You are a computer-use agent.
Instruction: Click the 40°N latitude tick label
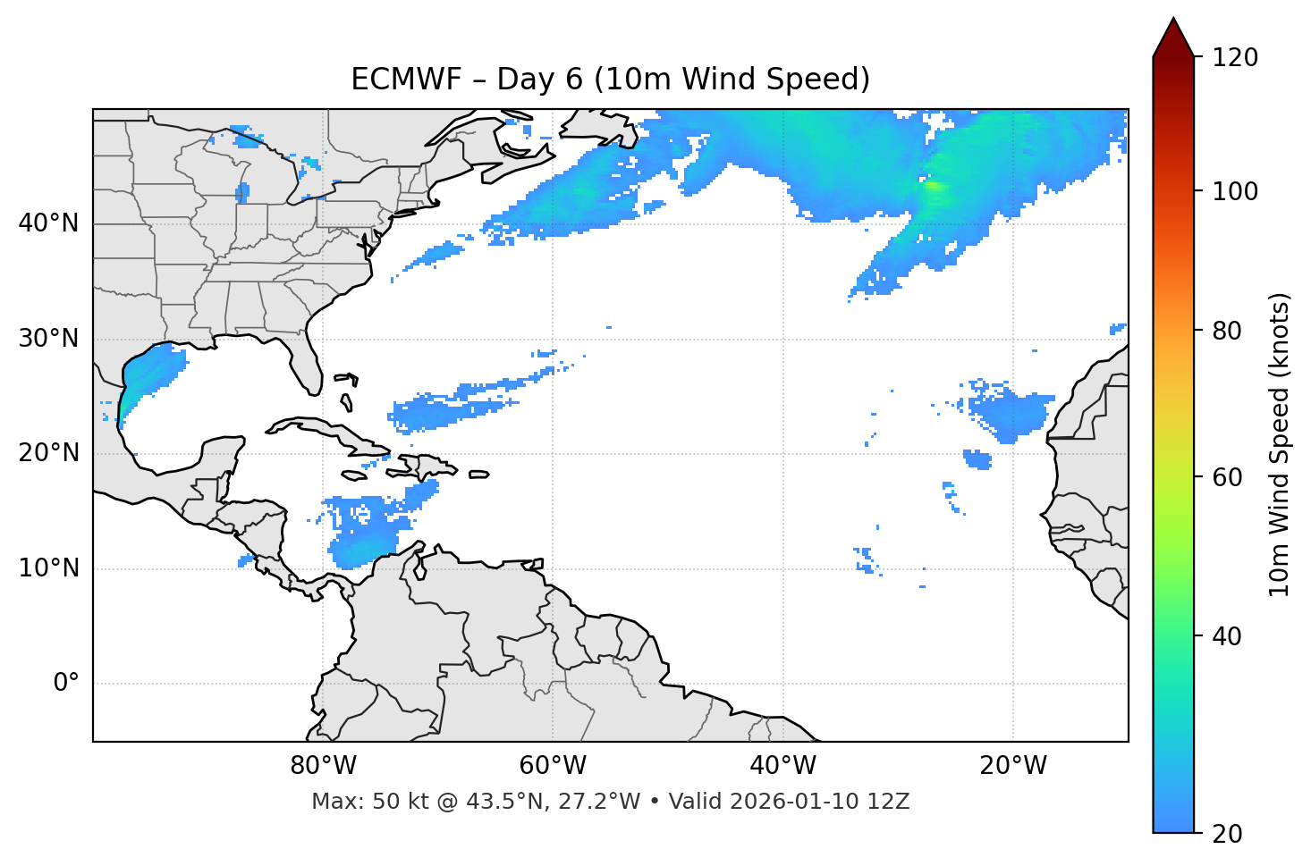tap(48, 223)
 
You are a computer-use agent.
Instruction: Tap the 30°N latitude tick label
tap(48, 339)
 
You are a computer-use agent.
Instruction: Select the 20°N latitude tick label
tap(48, 453)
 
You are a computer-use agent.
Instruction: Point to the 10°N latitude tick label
tap(48, 568)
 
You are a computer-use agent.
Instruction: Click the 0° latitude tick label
tap(66, 684)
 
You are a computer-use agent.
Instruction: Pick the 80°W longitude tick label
tap(323, 766)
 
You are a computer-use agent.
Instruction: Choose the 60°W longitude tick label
tap(553, 766)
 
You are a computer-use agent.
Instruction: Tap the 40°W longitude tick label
tap(782, 766)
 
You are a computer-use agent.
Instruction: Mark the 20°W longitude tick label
tap(1012, 766)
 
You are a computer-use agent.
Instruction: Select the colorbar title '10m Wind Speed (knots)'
tap(1280, 444)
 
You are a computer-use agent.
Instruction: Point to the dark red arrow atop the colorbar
tap(1173, 38)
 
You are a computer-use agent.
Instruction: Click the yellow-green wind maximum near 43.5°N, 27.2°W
tap(932, 186)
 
